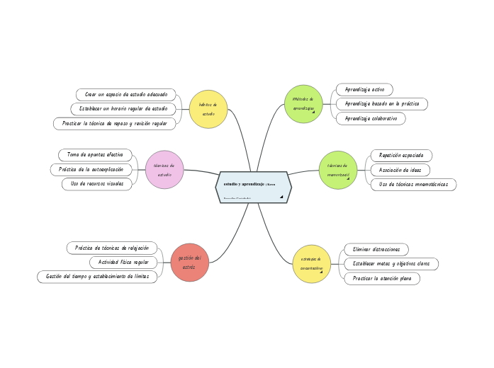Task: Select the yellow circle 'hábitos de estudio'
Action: [x=208, y=109]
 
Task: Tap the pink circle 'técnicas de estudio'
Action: [x=164, y=170]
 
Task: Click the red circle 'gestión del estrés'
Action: [x=189, y=263]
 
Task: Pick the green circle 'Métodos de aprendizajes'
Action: [x=303, y=104]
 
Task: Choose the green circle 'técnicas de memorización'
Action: [x=338, y=170]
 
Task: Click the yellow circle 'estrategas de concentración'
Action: [x=312, y=264]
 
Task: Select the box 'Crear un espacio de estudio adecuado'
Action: [x=126, y=94]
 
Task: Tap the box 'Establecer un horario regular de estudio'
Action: [x=123, y=109]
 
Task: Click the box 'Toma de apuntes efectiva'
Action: [x=95, y=154]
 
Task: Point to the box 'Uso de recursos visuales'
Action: [x=97, y=184]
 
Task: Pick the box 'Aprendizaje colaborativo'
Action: [x=371, y=119]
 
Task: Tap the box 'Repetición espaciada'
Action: [x=401, y=155]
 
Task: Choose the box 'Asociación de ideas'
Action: [x=400, y=170]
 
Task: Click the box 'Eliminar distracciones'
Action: [x=376, y=249]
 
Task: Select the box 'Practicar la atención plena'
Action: [x=382, y=279]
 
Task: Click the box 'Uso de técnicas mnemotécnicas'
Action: [x=413, y=185]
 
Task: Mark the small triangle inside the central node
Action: [x=281, y=197]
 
